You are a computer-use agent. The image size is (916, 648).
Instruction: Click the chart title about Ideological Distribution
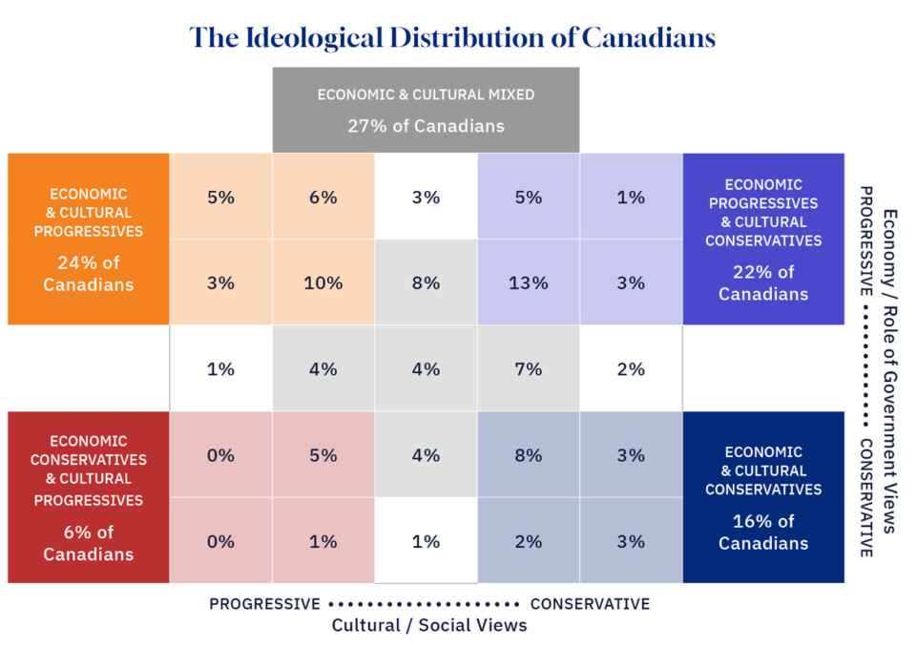click(x=452, y=37)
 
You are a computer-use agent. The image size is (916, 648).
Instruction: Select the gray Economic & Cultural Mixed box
click(x=426, y=110)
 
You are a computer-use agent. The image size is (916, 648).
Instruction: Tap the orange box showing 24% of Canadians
click(x=89, y=239)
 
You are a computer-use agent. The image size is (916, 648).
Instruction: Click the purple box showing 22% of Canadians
click(x=763, y=239)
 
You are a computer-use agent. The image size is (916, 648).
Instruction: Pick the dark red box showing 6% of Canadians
click(x=89, y=496)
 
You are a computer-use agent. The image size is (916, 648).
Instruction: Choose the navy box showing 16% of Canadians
click(x=763, y=496)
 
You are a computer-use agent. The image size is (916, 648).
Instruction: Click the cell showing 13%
click(x=528, y=282)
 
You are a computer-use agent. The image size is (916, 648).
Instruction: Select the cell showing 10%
click(x=323, y=282)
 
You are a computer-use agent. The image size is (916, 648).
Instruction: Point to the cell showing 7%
click(x=528, y=368)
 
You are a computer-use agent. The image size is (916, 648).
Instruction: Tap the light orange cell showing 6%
click(x=323, y=197)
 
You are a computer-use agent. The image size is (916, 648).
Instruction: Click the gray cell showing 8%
click(x=426, y=282)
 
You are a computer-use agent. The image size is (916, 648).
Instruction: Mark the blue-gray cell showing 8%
click(x=528, y=454)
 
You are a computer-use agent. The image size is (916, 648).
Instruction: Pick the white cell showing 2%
click(x=631, y=368)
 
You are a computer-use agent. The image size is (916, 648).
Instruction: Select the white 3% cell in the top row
click(x=426, y=197)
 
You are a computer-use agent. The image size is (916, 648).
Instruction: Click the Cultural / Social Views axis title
click(x=429, y=625)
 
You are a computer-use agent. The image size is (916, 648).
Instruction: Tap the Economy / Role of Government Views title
click(x=889, y=372)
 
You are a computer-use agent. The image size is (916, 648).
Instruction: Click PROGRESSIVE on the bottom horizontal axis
click(x=264, y=604)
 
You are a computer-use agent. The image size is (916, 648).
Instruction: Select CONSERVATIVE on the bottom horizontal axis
click(x=590, y=604)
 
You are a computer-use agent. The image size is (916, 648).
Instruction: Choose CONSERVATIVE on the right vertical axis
click(x=866, y=498)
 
